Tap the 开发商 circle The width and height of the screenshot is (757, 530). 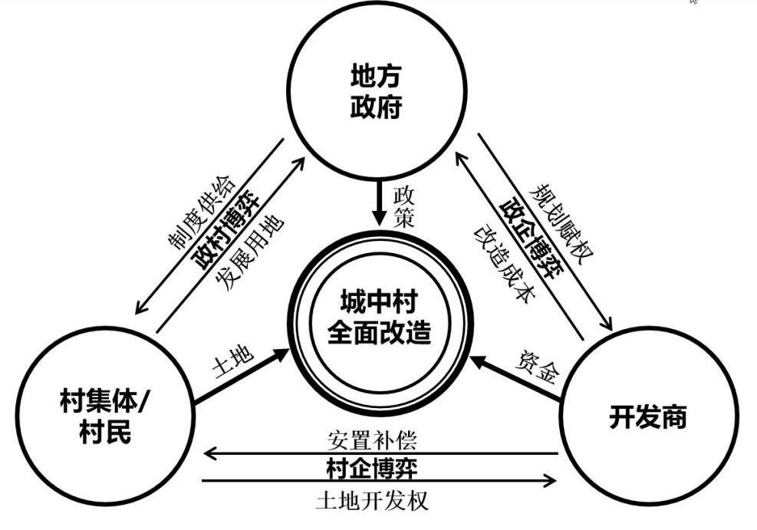point(647,418)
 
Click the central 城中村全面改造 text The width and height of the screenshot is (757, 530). point(379,315)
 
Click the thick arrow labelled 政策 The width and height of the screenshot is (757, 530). point(377,203)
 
